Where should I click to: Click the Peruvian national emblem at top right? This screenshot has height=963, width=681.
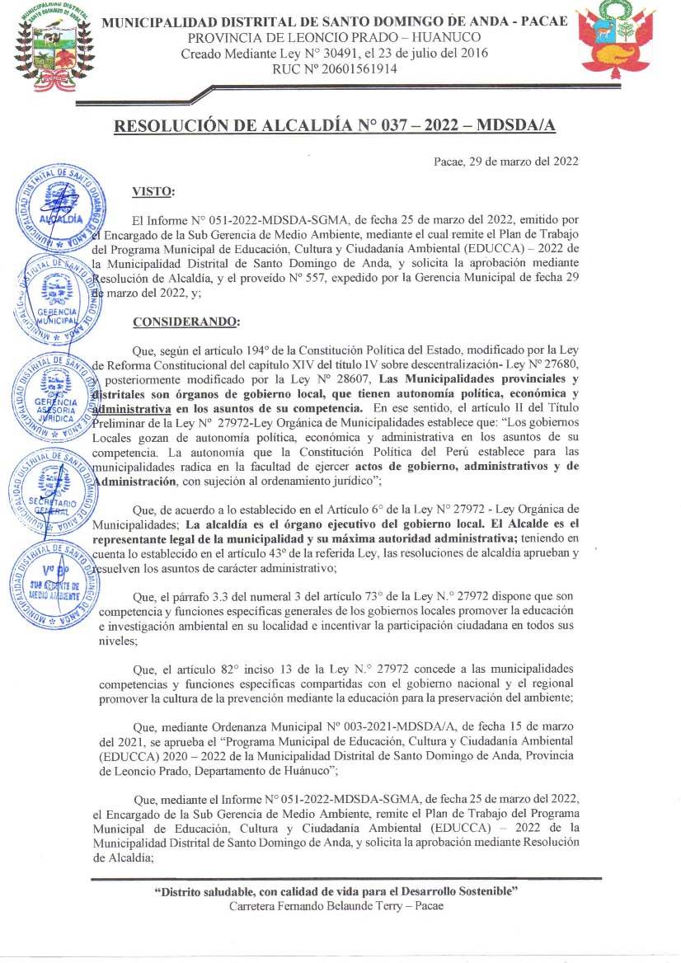click(615, 44)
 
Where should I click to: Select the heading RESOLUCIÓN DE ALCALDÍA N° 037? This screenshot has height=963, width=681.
click(335, 125)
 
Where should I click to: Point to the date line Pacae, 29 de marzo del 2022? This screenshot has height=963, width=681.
click(505, 161)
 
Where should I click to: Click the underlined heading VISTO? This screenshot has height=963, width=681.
click(153, 192)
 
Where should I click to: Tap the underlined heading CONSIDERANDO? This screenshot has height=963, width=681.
click(186, 321)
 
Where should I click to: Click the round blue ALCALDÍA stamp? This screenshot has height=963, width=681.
click(61, 209)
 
